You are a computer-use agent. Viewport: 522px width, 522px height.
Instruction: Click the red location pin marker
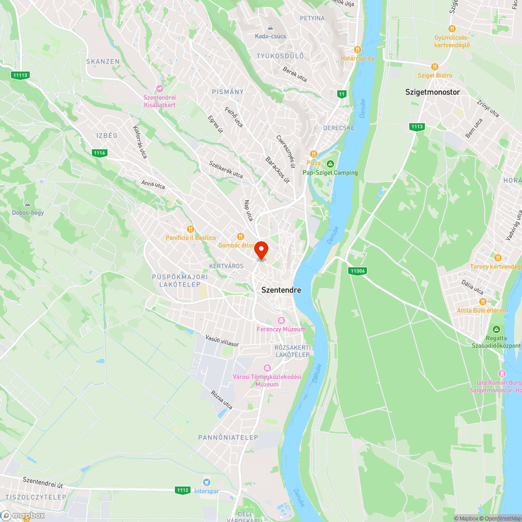[x=261, y=250]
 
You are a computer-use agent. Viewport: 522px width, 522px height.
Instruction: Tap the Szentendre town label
[x=281, y=290]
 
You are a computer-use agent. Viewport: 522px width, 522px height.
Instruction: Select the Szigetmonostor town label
[x=433, y=92]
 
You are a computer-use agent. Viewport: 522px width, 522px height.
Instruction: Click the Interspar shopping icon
[x=207, y=482]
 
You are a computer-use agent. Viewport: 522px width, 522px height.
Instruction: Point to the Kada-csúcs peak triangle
[x=270, y=28]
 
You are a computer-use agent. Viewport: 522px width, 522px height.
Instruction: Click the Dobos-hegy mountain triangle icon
[x=28, y=204]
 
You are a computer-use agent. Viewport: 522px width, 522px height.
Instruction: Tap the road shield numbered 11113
[x=20, y=75]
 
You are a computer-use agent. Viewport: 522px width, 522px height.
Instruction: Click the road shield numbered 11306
[x=357, y=271]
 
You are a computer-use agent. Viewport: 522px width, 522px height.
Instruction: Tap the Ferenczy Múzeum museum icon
[x=281, y=321]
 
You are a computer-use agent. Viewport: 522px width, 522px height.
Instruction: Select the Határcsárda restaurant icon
[x=358, y=50]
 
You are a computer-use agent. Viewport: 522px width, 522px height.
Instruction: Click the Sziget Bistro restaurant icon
[x=434, y=67]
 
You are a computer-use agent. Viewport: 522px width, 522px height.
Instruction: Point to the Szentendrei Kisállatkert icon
[x=160, y=88]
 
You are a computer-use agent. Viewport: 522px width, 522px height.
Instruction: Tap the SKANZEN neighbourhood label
[x=103, y=62]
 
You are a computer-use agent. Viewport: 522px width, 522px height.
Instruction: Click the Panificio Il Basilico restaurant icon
[x=191, y=229]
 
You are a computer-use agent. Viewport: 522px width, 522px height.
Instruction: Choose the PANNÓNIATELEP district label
[x=228, y=437]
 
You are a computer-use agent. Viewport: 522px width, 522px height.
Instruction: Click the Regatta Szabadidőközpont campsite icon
[x=496, y=329]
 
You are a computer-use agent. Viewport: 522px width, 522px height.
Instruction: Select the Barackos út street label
[x=277, y=170]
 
